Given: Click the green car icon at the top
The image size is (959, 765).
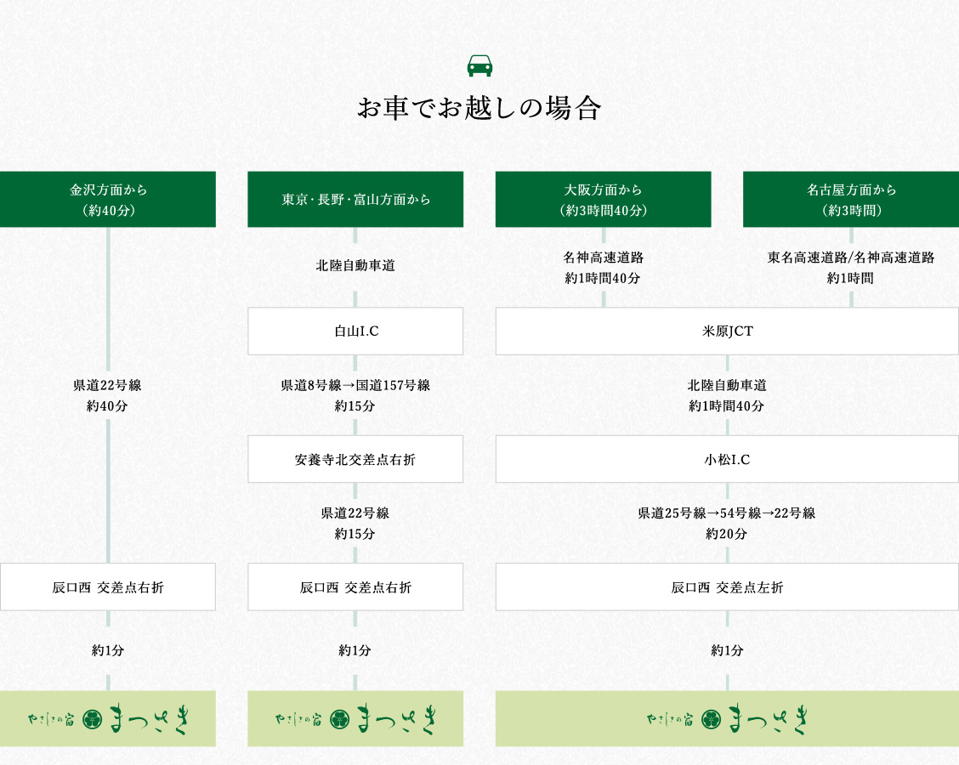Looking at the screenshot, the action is click(479, 66).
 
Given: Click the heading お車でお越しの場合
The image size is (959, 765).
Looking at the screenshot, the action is click(479, 108).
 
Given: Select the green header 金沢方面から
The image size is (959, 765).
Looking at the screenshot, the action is click(108, 200).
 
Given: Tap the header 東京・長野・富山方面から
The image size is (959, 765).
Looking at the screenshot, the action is click(355, 200).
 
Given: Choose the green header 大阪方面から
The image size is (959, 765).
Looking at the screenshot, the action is click(603, 200).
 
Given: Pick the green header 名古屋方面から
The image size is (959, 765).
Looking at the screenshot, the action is click(851, 200).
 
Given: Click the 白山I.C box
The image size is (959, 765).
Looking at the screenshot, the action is click(355, 331).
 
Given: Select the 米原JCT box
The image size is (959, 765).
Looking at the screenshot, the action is click(727, 331).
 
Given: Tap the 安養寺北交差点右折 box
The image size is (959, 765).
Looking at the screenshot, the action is click(355, 459).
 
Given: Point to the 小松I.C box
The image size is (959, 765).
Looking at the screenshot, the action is click(727, 459).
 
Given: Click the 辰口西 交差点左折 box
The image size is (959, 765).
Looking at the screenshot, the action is click(727, 587).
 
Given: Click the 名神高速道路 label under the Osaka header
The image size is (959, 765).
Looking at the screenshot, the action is click(603, 258).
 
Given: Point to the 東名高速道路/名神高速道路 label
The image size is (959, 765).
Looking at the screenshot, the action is click(851, 258).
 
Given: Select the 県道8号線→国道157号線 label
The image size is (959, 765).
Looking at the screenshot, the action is click(355, 385).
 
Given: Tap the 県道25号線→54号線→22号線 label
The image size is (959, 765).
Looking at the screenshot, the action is click(727, 513).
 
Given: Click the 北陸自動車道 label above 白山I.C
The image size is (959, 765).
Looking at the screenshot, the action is click(355, 265).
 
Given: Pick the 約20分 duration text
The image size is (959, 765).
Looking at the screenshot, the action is click(727, 534).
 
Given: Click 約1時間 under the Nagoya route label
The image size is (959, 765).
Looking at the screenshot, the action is click(850, 278).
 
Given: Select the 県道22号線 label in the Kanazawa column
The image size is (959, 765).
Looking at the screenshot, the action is click(107, 385).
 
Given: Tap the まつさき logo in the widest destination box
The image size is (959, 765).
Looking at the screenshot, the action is click(727, 719).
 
